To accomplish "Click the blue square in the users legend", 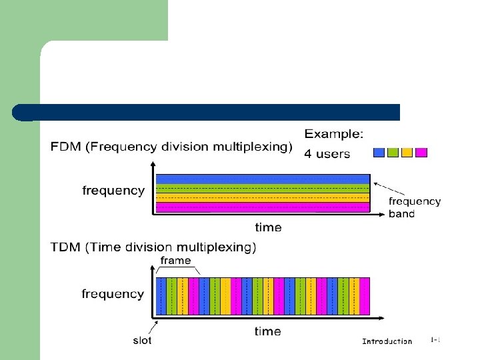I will point(379,153).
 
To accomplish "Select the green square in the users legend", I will point(393,153).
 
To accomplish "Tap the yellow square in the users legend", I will point(407,153).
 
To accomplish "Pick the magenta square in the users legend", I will point(421,153).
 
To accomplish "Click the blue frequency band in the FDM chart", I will point(263,179).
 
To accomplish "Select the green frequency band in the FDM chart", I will point(263,188).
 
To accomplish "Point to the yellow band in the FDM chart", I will point(263,197).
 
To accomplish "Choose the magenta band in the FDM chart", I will point(263,207).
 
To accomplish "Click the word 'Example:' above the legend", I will point(334,134).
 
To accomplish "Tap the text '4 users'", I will point(327,154).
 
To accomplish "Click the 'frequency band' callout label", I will point(415,207).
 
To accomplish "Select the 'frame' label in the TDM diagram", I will point(175,261).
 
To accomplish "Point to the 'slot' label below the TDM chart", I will point(141,341).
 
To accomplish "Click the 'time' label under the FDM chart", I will point(268,227).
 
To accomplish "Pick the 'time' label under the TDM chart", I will point(268,331).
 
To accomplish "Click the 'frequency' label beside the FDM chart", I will point(113,191).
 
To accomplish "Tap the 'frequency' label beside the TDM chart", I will point(113,294).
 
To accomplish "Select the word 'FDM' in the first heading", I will point(66,147).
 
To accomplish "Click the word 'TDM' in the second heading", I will point(66,248).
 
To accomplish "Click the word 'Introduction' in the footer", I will point(387,341).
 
